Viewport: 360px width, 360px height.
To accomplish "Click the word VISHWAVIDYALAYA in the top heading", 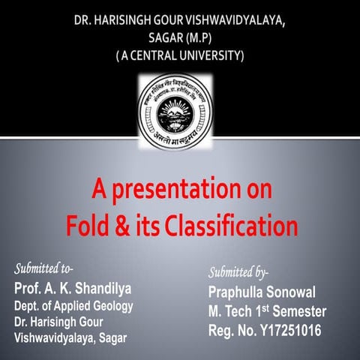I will pyautogui.click(x=239, y=19).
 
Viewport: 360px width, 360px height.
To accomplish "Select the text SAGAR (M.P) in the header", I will pyautogui.click(x=180, y=37).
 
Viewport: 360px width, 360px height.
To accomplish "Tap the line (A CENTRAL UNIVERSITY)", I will pyautogui.click(x=180, y=55).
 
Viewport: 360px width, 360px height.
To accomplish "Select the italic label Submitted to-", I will pyautogui.click(x=46, y=268).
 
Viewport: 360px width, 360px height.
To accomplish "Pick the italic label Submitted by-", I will pyautogui.click(x=238, y=272).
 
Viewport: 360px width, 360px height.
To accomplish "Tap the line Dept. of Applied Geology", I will pyautogui.click(x=73, y=305).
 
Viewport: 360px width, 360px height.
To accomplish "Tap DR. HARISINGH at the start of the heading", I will pyautogui.click(x=110, y=19).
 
